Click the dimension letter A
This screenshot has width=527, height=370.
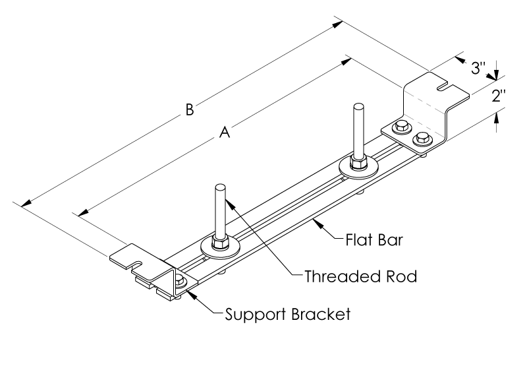pos(224,133)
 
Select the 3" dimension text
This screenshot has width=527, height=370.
pos(478,67)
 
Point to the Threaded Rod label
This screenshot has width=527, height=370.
pos(360,276)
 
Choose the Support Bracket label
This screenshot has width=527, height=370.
pos(286,313)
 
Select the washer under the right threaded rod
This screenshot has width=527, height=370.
pos(358,170)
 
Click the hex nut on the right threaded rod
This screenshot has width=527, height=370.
pos(358,161)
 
